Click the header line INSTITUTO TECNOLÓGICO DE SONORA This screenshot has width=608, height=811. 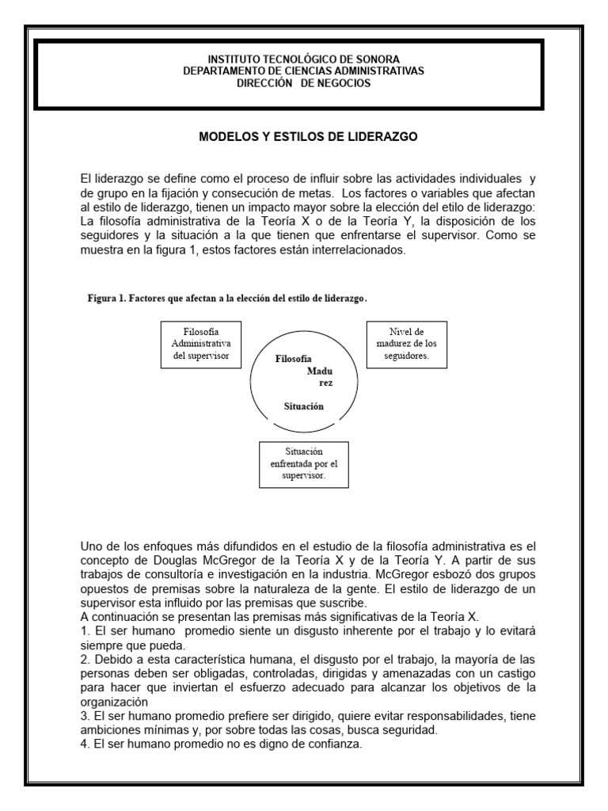[x=304, y=59]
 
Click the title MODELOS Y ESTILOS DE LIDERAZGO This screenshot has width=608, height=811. [x=308, y=137]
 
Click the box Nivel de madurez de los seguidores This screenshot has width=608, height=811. [x=407, y=343]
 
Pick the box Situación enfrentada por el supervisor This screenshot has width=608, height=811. [x=304, y=463]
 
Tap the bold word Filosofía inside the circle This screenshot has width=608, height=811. [x=294, y=358]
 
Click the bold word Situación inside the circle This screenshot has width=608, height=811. [x=304, y=406]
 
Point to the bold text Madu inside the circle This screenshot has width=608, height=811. [x=320, y=371]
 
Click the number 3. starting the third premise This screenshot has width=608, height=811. [x=85, y=716]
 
